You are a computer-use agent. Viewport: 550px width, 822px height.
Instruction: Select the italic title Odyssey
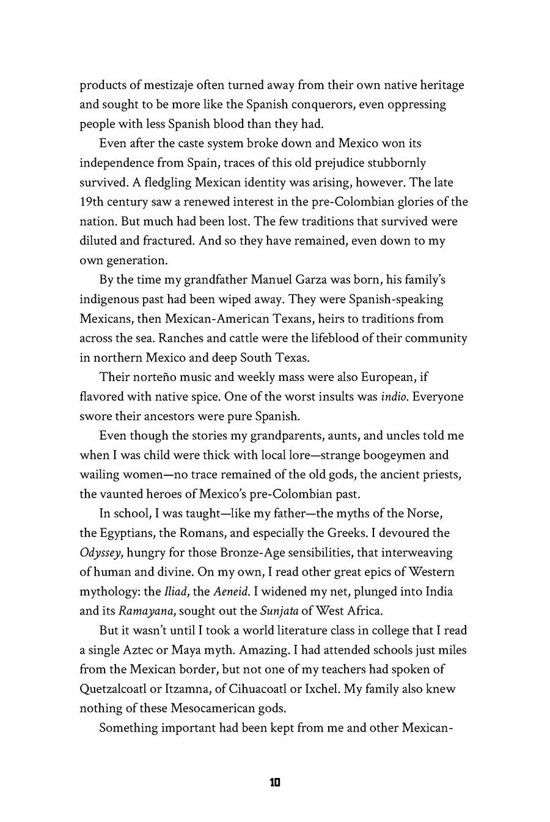point(100,553)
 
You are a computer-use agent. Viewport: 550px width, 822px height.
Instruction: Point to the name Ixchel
point(320,689)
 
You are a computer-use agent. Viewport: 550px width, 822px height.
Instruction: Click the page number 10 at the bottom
point(274,782)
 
